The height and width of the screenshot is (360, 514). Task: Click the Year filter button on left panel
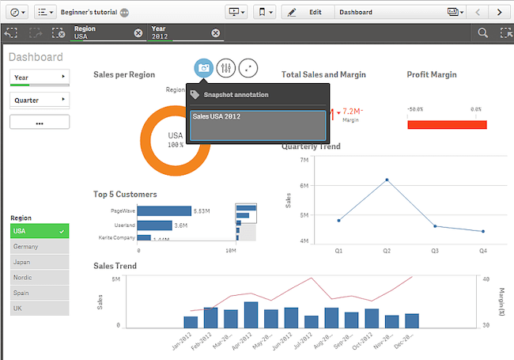click(40, 77)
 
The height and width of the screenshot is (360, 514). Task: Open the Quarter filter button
click(40, 100)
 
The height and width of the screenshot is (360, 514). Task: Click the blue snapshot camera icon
click(204, 68)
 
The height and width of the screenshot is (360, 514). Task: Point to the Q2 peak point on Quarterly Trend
click(387, 180)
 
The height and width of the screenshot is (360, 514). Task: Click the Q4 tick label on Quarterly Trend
click(482, 250)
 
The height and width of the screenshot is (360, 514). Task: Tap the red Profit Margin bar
click(447, 124)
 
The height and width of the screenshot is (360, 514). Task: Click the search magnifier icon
click(482, 32)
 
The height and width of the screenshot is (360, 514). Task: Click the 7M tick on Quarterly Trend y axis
click(304, 160)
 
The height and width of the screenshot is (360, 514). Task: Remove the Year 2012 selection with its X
click(216, 32)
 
